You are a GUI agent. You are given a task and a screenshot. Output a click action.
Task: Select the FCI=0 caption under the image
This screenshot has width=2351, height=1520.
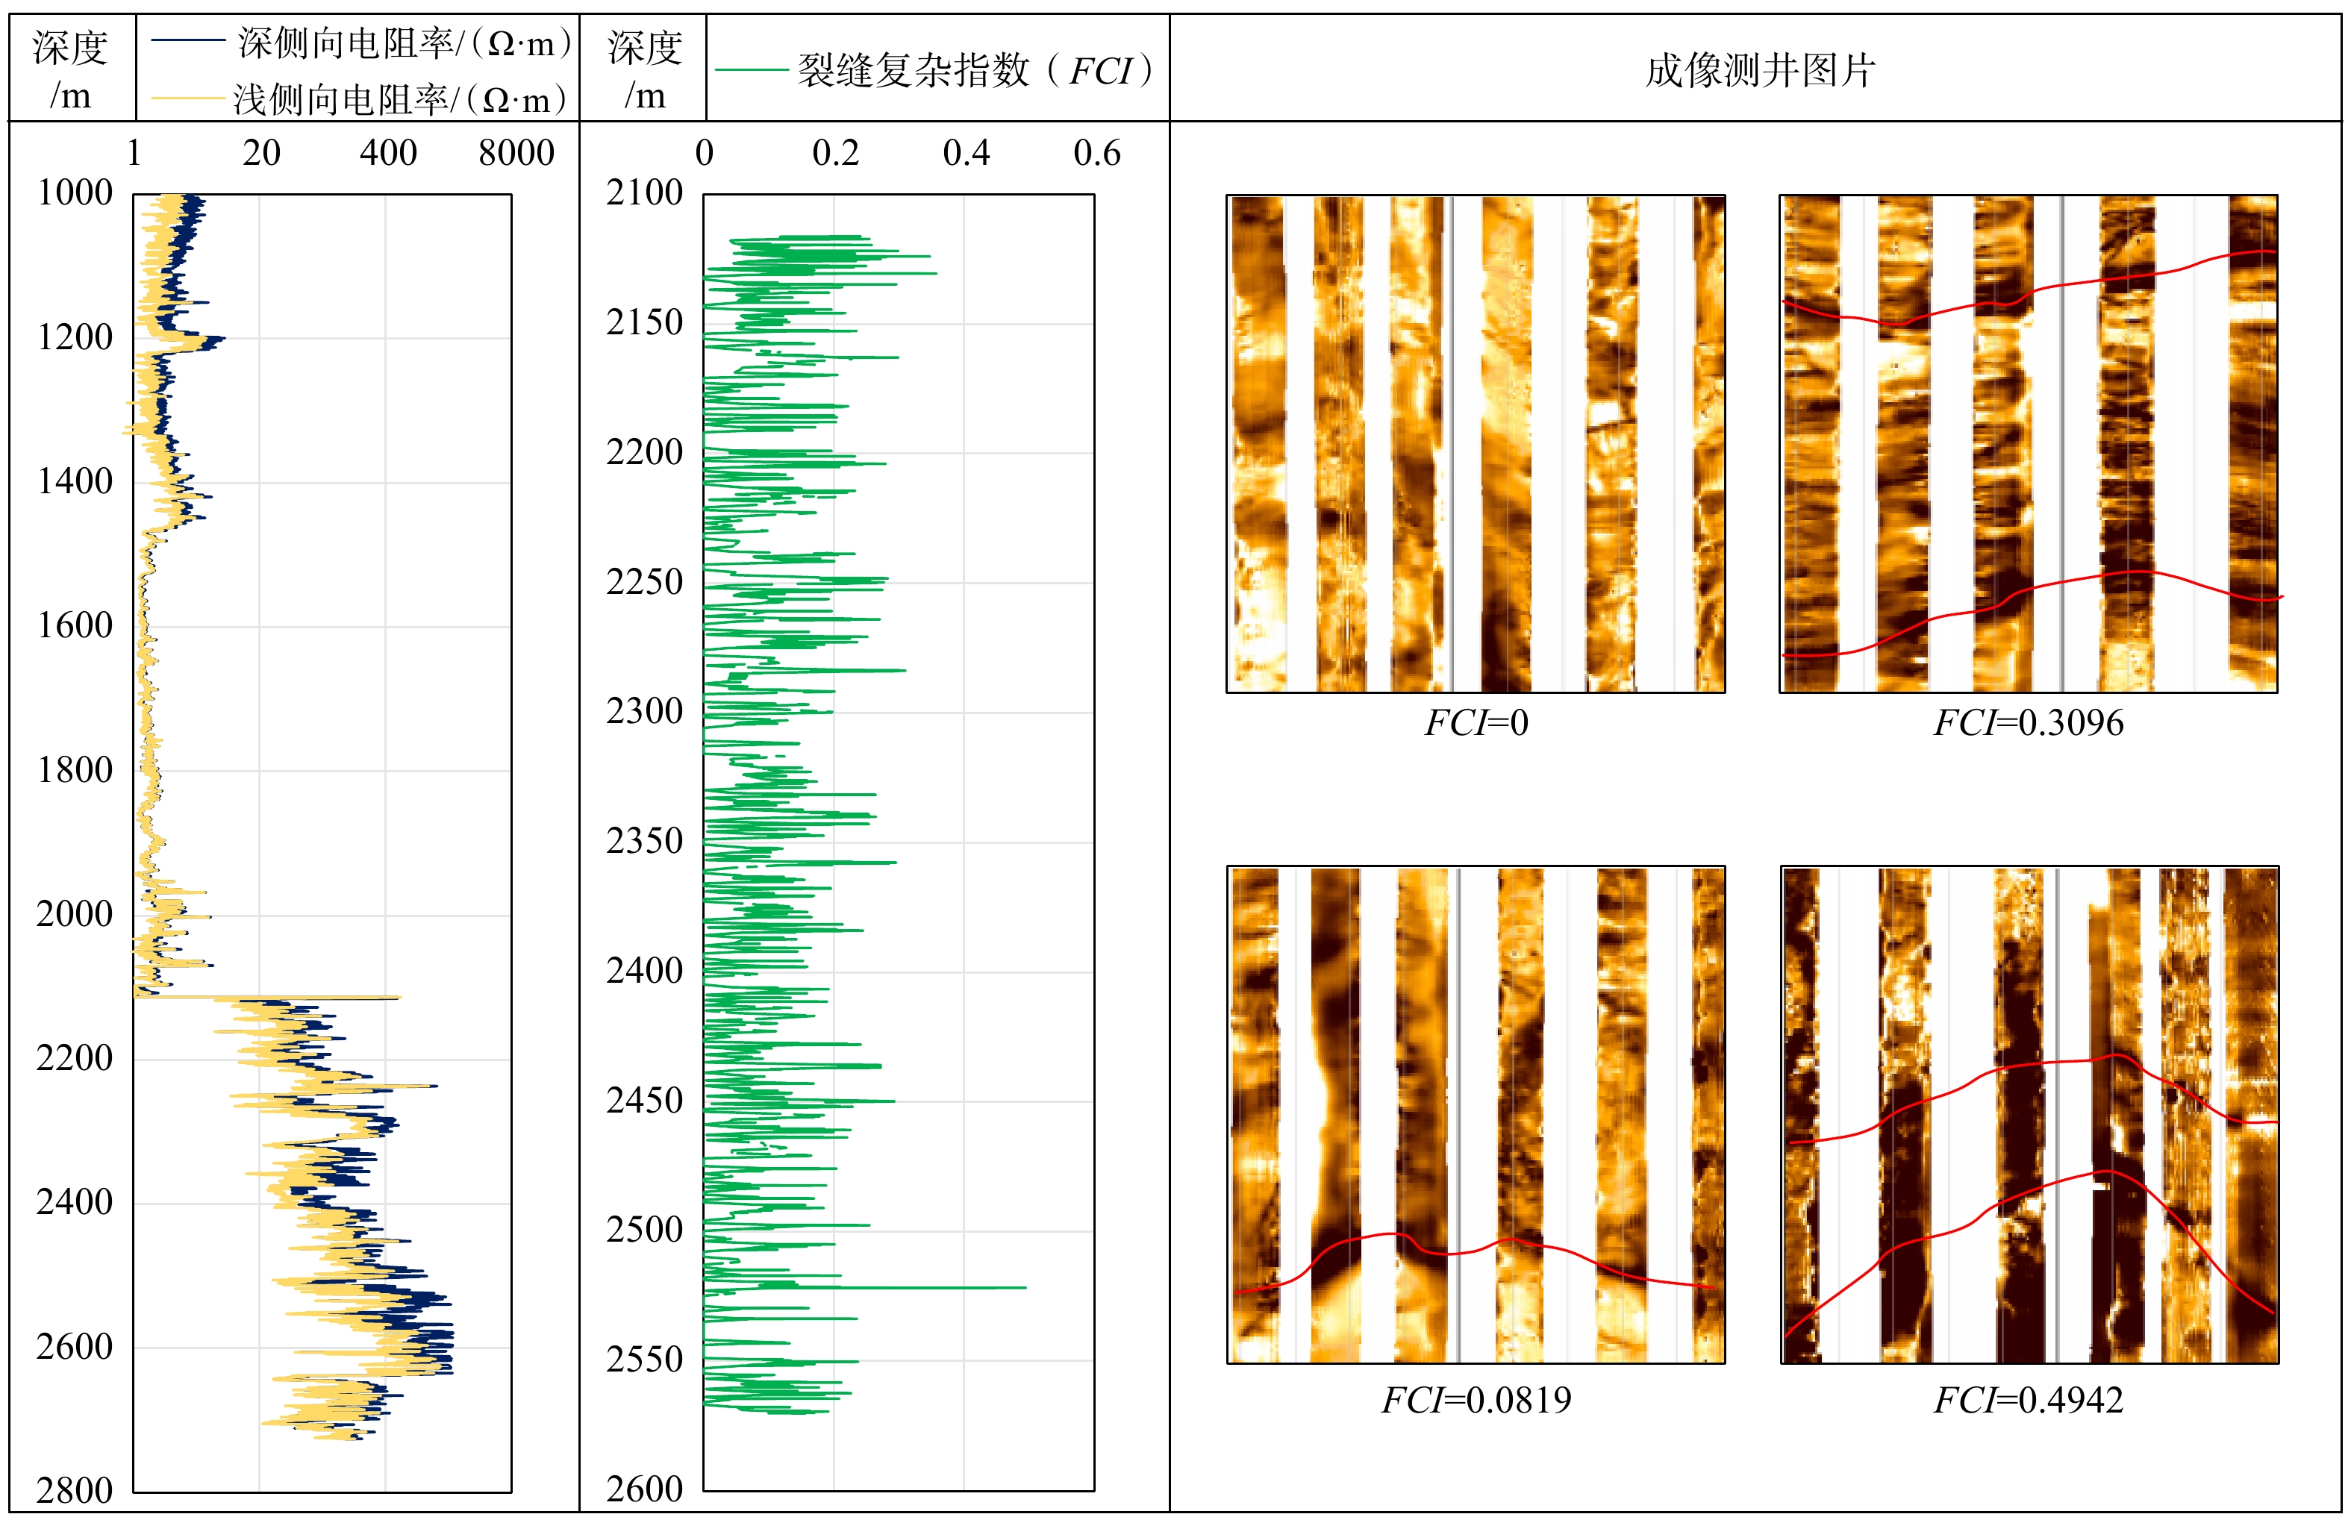(x=1476, y=724)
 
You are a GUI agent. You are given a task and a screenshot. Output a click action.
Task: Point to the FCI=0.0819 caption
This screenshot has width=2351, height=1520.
(x=1476, y=1400)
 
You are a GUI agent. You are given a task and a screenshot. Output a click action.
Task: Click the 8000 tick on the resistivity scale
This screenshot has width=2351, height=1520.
(x=516, y=153)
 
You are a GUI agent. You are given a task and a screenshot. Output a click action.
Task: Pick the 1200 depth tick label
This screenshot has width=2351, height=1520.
(x=75, y=337)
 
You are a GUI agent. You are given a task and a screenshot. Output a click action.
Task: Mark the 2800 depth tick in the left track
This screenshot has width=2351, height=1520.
(x=75, y=1490)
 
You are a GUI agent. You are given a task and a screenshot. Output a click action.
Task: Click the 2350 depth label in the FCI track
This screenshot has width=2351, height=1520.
(x=645, y=841)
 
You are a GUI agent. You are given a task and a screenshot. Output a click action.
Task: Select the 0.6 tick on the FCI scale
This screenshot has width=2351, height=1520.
(x=1096, y=153)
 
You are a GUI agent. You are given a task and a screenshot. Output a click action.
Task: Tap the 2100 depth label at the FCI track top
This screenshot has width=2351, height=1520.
(x=645, y=193)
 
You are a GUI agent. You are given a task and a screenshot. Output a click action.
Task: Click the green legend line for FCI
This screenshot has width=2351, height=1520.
(x=750, y=69)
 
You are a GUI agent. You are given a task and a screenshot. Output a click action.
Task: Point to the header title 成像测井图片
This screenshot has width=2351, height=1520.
(x=1759, y=70)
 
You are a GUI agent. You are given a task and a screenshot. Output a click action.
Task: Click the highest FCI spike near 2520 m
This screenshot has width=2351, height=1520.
(x=1022, y=1287)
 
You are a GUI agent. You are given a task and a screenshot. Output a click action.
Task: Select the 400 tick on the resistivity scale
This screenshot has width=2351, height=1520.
(x=388, y=153)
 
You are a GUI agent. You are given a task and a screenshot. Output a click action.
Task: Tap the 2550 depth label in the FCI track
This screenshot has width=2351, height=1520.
(x=645, y=1359)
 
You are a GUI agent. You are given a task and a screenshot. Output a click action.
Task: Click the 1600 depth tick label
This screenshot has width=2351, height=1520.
(x=75, y=626)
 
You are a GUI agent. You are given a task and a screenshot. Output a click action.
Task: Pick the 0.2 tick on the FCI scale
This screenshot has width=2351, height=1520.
(x=835, y=153)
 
